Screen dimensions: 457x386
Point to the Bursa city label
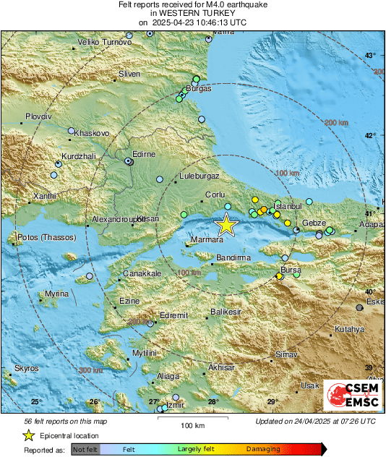coord(291,270)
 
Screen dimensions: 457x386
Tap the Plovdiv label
coord(39,116)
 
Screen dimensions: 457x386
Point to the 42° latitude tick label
coord(370,135)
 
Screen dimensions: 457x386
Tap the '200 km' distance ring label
coord(336,123)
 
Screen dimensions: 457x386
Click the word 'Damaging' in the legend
coord(263,449)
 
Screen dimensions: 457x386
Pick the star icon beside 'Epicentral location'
coord(28,435)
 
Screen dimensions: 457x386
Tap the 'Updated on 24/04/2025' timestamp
coord(315,421)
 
